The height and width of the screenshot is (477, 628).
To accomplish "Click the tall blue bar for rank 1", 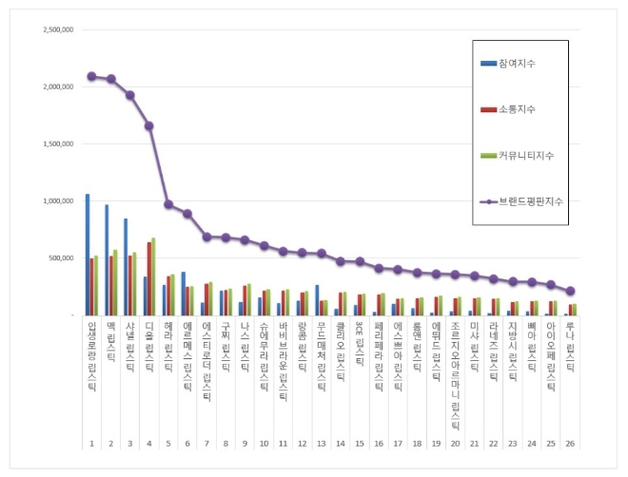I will click(x=88, y=255).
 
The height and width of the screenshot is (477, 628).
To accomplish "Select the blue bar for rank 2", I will click(x=107, y=259).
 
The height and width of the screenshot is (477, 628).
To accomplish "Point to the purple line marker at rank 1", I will click(x=91, y=76).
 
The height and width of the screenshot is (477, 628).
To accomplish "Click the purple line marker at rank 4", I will click(x=149, y=125).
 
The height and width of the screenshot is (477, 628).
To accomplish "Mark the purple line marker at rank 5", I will click(x=168, y=204).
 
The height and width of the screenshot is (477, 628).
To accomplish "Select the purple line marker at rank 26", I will click(x=570, y=291).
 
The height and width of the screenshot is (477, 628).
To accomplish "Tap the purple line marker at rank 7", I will click(x=206, y=237).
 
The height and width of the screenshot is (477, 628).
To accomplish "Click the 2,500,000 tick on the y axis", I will click(x=59, y=29).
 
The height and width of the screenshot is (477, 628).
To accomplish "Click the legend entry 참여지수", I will click(x=516, y=64).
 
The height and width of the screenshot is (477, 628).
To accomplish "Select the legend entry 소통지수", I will click(x=516, y=109).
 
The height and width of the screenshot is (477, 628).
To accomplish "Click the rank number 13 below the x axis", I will click(x=321, y=444).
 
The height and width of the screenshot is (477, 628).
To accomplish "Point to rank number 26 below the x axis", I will click(x=570, y=444).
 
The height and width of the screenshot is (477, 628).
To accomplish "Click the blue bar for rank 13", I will click(x=317, y=300).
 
